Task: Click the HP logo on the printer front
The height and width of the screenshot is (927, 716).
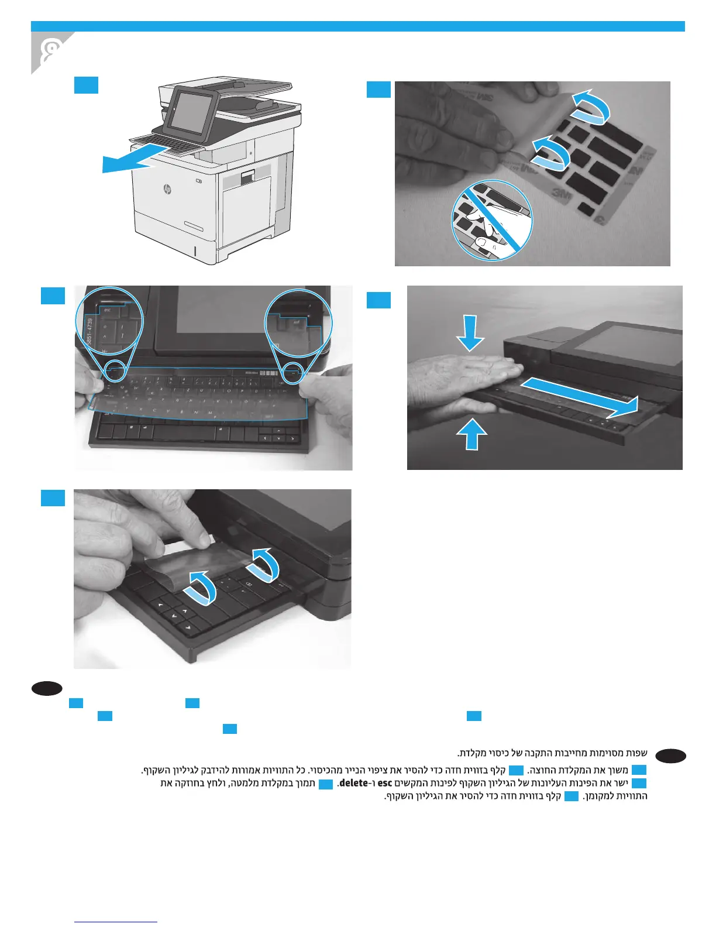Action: click(x=167, y=190)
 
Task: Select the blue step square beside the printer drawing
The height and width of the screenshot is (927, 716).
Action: click(x=86, y=85)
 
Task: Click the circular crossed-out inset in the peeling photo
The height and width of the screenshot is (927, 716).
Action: click(x=492, y=220)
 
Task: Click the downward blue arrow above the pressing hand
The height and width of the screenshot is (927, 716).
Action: click(x=470, y=332)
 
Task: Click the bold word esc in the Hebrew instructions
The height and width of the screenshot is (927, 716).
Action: click(x=384, y=783)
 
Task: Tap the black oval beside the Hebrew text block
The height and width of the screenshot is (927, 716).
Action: click(x=671, y=756)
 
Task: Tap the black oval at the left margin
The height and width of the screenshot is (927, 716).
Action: click(x=47, y=688)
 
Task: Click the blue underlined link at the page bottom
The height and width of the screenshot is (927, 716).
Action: click(x=116, y=922)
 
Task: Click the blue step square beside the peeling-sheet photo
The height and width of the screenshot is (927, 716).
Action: click(x=378, y=90)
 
